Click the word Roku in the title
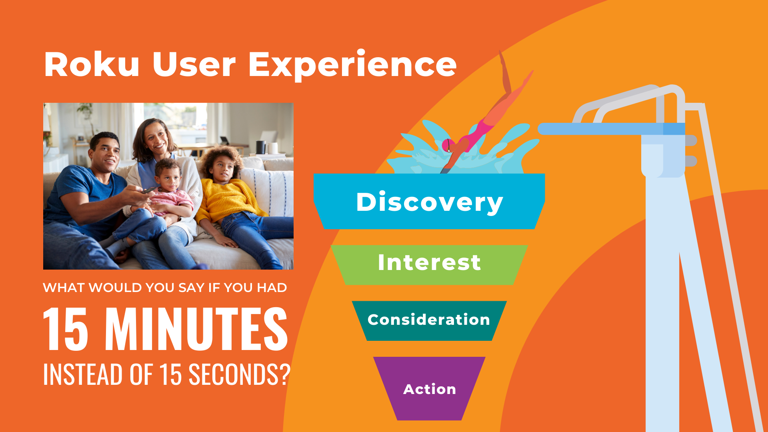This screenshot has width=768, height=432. [92, 64]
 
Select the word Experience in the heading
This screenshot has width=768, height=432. [352, 66]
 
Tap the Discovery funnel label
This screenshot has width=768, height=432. [429, 202]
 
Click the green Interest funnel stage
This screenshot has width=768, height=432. [429, 265]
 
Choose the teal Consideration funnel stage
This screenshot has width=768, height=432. [429, 320]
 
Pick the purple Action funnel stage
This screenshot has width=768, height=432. [429, 388]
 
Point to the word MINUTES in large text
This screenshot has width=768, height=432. [196, 329]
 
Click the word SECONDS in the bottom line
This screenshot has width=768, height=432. [234, 374]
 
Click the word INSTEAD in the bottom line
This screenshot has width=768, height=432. [83, 374]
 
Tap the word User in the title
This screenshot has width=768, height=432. [194, 64]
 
